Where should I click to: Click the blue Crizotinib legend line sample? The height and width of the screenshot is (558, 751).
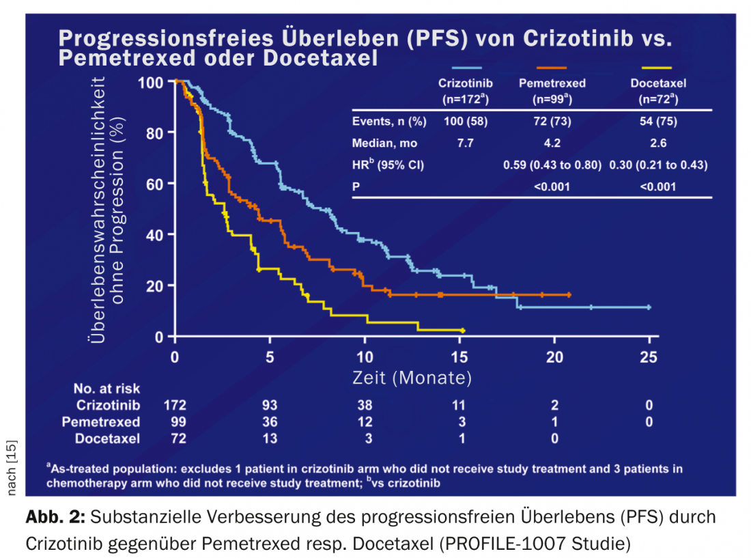(x=466, y=68)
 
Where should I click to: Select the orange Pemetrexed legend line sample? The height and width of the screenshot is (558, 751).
(x=552, y=68)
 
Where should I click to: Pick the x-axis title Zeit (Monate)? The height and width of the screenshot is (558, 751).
(x=412, y=377)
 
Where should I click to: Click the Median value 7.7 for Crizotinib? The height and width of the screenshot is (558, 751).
(x=466, y=143)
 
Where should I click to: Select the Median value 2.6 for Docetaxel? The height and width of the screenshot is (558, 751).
(x=658, y=143)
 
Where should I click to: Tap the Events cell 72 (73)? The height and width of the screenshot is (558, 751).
(x=552, y=122)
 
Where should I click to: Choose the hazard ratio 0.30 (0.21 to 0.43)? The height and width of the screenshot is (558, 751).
(x=658, y=165)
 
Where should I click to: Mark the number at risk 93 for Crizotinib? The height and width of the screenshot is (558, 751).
(x=270, y=405)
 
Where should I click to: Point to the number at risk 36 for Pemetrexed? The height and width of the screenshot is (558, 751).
(x=270, y=421)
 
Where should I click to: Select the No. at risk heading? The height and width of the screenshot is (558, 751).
(x=107, y=389)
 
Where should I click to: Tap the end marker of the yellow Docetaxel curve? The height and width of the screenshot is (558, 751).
(x=463, y=330)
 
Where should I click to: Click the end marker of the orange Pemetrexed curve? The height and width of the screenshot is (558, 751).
(x=569, y=294)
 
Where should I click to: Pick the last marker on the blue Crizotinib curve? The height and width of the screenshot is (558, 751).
(x=649, y=307)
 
